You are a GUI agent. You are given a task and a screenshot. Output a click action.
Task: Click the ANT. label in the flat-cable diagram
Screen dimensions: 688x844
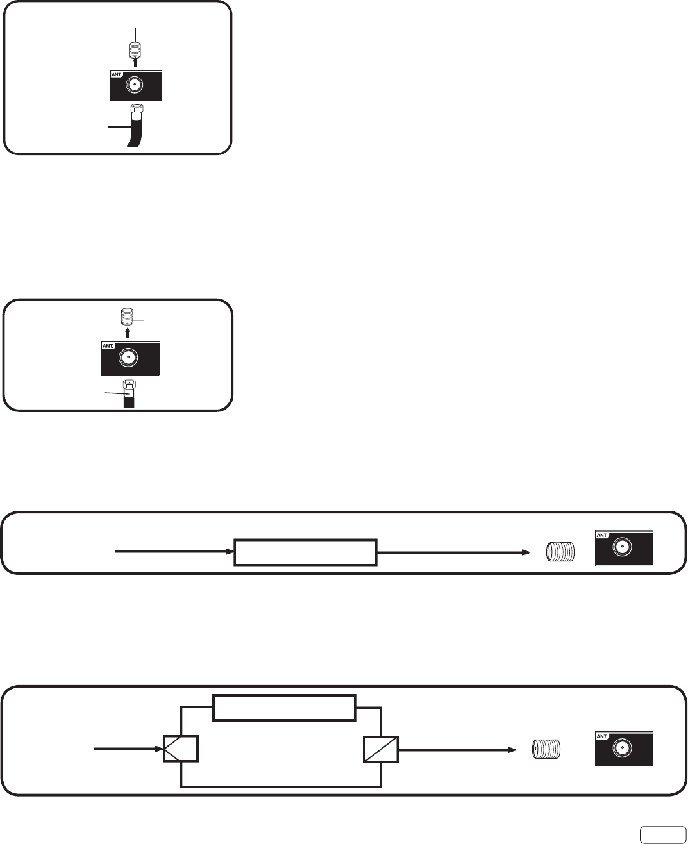click(117, 74)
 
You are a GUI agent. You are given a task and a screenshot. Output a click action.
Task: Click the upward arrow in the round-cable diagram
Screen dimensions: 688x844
click(128, 333)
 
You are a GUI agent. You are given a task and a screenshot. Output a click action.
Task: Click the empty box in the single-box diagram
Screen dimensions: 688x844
click(305, 552)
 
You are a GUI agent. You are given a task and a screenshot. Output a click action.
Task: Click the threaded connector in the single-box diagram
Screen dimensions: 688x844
click(560, 552)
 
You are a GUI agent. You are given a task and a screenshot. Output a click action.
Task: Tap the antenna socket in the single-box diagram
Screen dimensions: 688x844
click(621, 547)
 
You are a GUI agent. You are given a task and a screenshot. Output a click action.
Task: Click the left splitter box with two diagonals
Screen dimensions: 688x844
click(180, 749)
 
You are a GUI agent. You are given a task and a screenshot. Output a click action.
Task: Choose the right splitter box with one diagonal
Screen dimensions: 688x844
click(380, 749)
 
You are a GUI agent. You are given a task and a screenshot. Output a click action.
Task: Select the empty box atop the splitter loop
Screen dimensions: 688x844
click(284, 707)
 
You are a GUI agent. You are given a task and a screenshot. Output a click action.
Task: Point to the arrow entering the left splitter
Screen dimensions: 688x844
click(128, 748)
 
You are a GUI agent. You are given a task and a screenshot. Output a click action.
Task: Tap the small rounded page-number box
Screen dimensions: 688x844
click(660, 832)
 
